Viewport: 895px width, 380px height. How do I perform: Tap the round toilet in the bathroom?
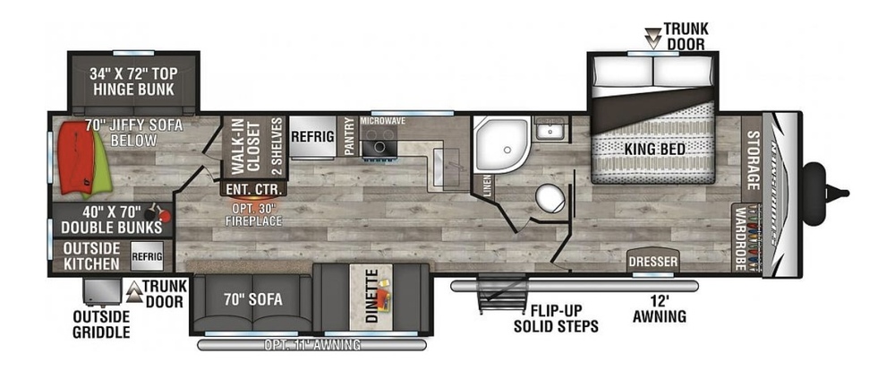click(x=548, y=197)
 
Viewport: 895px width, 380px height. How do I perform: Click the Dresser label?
click(x=652, y=261)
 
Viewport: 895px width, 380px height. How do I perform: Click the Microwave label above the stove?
click(x=383, y=119)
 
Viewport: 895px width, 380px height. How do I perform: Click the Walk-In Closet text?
click(x=240, y=147)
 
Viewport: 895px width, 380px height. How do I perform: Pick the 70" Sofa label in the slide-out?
click(x=252, y=299)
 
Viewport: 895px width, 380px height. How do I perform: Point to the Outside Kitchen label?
click(x=91, y=256)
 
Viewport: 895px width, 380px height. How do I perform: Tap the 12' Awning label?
click(x=659, y=309)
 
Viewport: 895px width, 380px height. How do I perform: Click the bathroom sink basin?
click(x=549, y=133)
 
